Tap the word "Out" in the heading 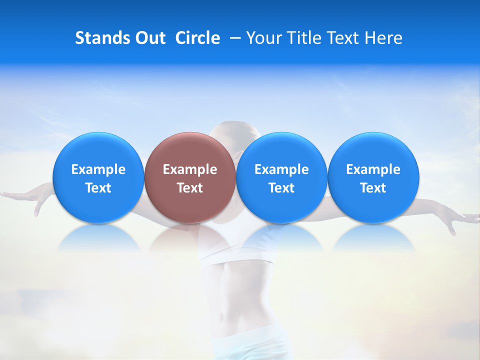tap(149, 38)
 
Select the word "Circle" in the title tap(197, 38)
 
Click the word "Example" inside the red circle tap(190, 169)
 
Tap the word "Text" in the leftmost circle tap(98, 188)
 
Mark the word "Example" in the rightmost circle tap(373, 169)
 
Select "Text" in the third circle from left tap(281, 188)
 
